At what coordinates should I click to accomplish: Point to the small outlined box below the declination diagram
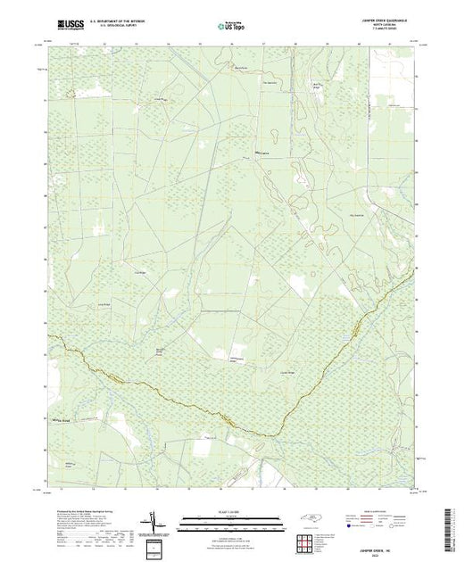coord(159,546)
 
